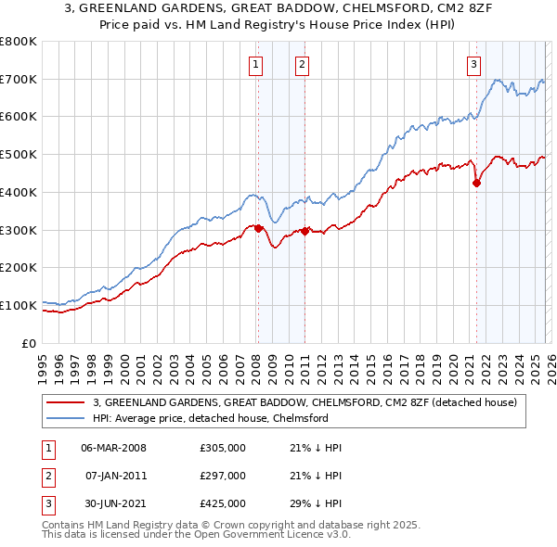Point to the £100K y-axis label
coord(19,305)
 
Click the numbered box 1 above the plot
coord(255,64)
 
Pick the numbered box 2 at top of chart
coord(303,64)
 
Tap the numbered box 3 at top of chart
coord(473,64)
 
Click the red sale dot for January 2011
coord(304,231)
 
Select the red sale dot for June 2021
coord(476,183)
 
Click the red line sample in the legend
coord(65,402)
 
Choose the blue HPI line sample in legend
coord(65,418)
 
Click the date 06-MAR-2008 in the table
coord(113,448)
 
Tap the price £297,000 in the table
coord(223,476)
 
